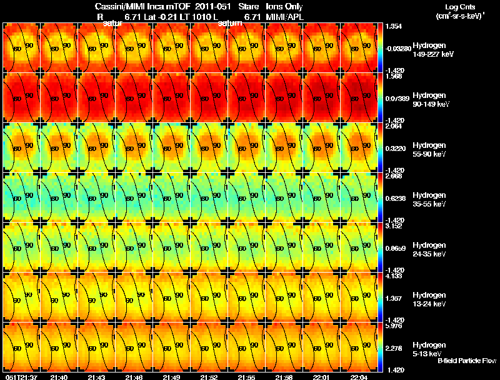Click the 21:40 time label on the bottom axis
[x=59, y=377]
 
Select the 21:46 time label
[x=134, y=377]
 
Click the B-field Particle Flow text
[x=467, y=361]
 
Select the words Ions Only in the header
[x=284, y=6]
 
